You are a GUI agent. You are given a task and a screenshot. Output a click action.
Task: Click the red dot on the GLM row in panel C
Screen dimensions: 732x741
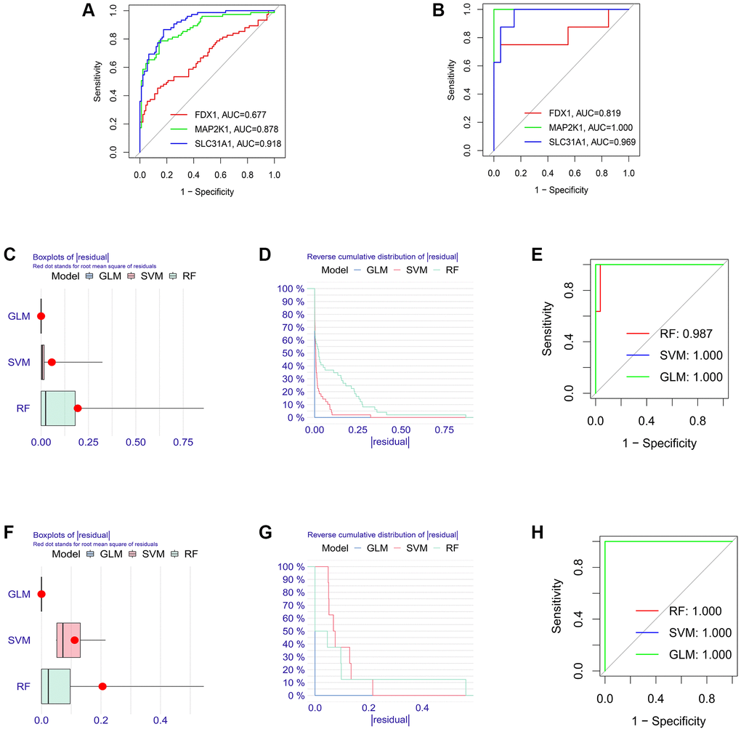[x=41, y=316]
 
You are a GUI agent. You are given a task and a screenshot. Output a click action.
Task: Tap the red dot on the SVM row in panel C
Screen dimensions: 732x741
[x=52, y=361]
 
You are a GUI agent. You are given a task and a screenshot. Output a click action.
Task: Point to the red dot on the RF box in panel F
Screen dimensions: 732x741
[x=102, y=685]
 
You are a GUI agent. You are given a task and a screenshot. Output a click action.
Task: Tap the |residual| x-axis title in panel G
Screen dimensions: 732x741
[x=390, y=720]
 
